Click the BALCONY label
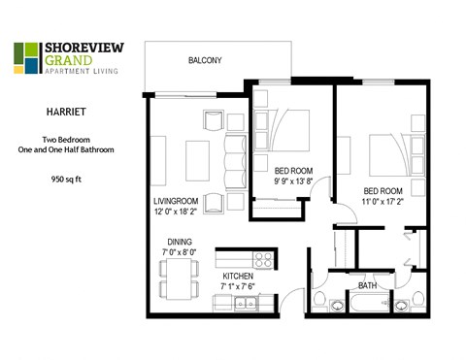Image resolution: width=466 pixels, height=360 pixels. (204, 61)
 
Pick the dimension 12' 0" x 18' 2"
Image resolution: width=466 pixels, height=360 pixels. (175, 211)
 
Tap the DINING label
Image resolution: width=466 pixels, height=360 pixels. (179, 242)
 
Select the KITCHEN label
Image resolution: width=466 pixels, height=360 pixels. (237, 276)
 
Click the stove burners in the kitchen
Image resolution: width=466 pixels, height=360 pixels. (262, 259)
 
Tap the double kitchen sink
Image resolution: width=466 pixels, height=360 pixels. (247, 305)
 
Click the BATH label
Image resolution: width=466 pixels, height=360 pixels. (367, 286)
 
